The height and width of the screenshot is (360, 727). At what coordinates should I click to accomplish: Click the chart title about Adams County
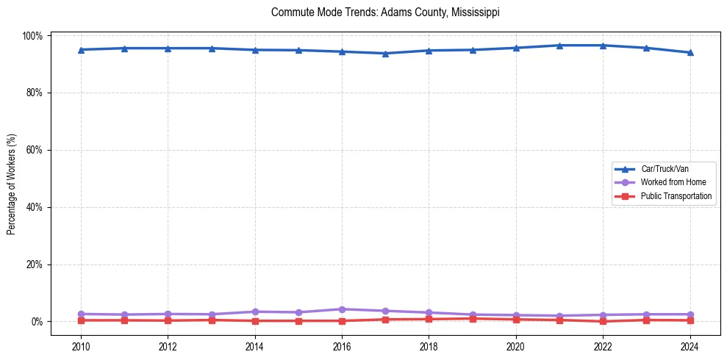pyautogui.click(x=385, y=12)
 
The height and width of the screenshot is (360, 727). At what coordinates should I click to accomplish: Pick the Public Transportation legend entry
pyautogui.click(x=676, y=196)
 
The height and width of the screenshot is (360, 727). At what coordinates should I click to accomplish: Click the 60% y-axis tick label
pyautogui.click(x=35, y=150)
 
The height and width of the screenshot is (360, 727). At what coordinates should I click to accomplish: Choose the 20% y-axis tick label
pyautogui.click(x=35, y=264)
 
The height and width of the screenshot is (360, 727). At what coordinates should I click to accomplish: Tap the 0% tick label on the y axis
pyautogui.click(x=37, y=322)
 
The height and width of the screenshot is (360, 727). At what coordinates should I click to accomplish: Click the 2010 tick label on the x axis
pyautogui.click(x=81, y=345)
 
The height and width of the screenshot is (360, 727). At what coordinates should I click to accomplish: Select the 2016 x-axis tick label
pyautogui.click(x=342, y=345)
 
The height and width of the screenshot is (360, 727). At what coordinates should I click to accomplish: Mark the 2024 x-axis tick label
pyautogui.click(x=690, y=345)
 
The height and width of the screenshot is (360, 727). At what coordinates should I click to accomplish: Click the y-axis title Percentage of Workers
pyautogui.click(x=12, y=179)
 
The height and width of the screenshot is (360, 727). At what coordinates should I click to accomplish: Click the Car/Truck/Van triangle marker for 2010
pyautogui.click(x=81, y=50)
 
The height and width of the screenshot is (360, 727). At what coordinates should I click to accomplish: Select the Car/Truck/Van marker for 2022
pyautogui.click(x=603, y=46)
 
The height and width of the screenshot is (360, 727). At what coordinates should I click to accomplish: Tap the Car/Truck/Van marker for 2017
pyautogui.click(x=385, y=53)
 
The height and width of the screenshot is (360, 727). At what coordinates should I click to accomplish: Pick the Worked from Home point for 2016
pyautogui.click(x=342, y=309)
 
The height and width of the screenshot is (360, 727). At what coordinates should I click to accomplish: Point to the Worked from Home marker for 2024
pyautogui.click(x=690, y=314)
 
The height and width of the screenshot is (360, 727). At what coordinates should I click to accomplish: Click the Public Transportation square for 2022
pyautogui.click(x=603, y=321)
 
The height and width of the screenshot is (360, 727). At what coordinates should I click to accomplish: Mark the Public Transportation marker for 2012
pyautogui.click(x=168, y=320)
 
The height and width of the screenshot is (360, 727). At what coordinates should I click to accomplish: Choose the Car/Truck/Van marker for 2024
pyautogui.click(x=690, y=53)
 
